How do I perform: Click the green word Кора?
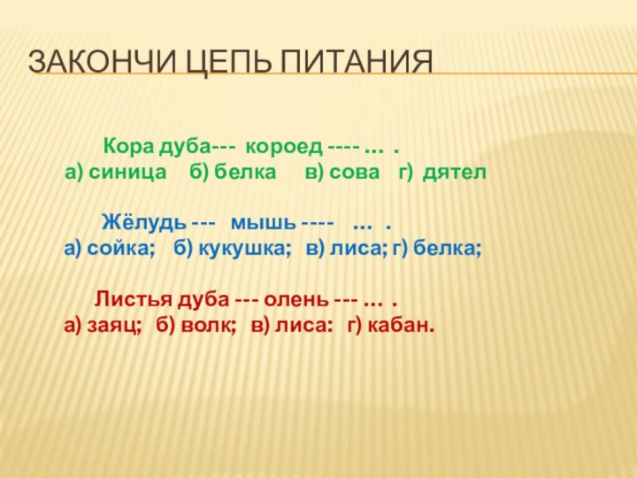[x=127, y=144]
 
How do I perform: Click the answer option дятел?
[x=455, y=173]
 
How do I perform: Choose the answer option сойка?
[x=120, y=251]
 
